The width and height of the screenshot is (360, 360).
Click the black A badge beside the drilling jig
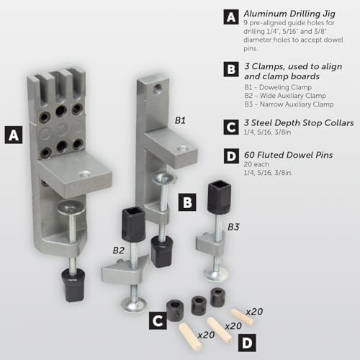[14, 135]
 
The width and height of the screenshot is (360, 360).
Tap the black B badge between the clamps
[187, 202]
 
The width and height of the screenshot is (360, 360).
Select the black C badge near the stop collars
[158, 320]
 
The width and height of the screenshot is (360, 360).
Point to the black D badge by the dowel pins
[247, 343]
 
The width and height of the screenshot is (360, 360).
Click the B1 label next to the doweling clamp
[180, 120]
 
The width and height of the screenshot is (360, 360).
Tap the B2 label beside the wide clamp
[119, 251]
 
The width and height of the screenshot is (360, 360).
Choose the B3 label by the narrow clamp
[233, 227]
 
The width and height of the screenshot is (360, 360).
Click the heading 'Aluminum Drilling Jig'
[289, 14]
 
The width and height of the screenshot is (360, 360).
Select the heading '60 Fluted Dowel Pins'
[288, 155]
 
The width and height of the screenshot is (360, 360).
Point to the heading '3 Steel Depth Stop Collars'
[299, 123]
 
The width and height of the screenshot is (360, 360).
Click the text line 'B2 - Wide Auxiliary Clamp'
[285, 96]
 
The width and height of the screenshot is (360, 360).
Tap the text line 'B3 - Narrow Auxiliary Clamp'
[289, 104]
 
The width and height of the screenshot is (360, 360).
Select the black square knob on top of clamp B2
[133, 225]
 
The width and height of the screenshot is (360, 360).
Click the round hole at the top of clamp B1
[158, 89]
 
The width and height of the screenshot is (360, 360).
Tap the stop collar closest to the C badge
[175, 310]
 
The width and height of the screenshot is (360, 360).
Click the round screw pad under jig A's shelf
[71, 207]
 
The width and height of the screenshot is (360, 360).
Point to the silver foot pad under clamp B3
[216, 274]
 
